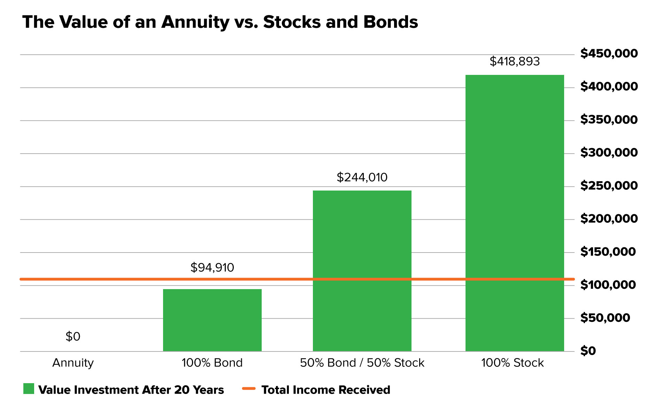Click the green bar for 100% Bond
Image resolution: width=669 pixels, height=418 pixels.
(212, 320)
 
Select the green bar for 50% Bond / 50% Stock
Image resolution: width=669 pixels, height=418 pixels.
(362, 271)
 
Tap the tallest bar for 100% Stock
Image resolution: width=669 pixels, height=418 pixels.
(515, 213)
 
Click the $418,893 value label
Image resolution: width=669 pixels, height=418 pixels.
(515, 61)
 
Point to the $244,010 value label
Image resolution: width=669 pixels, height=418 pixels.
(362, 177)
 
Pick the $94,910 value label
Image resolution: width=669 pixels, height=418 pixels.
(212, 268)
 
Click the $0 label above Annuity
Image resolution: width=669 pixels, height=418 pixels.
(73, 336)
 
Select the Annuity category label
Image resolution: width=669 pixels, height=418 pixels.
(73, 363)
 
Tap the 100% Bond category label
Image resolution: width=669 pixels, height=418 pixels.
(212, 363)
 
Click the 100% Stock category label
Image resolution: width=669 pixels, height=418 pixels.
(512, 363)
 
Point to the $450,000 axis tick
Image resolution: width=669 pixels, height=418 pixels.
(609, 53)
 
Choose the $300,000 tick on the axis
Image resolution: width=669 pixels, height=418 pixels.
(609, 153)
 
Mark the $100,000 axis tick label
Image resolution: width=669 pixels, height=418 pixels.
(608, 285)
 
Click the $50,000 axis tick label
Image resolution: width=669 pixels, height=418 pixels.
(605, 318)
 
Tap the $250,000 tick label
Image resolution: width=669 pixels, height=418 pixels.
(609, 186)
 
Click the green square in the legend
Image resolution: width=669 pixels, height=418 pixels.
(29, 389)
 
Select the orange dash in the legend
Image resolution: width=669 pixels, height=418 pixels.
(249, 388)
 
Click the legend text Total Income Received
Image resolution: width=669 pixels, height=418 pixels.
(326, 390)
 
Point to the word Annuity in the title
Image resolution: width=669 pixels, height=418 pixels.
(195, 22)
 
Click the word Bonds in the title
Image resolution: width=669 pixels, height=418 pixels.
(390, 22)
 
